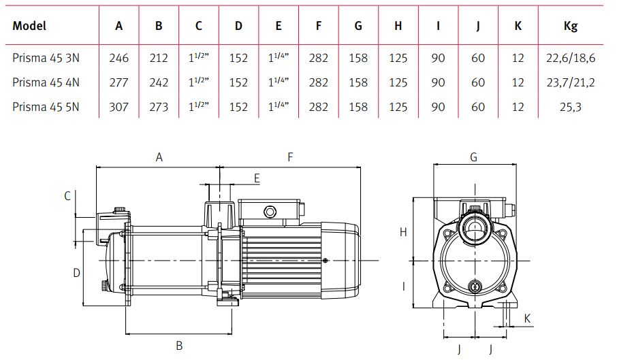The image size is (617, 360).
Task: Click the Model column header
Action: tap(29, 26)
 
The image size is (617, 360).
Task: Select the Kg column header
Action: tap(570, 27)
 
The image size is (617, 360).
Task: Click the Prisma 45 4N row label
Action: tap(46, 82)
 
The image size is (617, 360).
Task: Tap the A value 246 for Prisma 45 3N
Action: tap(118, 58)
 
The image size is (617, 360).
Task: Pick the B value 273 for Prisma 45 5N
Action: tap(159, 107)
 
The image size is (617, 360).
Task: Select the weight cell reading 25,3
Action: tap(570, 107)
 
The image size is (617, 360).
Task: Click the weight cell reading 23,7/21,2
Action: tap(570, 82)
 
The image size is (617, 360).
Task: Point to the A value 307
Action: tap(118, 107)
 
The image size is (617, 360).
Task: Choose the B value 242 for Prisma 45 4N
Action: tap(159, 82)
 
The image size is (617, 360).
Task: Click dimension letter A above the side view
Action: tap(159, 157)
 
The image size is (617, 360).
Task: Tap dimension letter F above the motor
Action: tap(290, 157)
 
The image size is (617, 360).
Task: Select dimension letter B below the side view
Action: tap(179, 346)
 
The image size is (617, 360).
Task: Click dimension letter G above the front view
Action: tap(473, 157)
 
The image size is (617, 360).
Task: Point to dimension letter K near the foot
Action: tap(528, 318)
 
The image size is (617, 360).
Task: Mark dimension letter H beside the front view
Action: tap(403, 232)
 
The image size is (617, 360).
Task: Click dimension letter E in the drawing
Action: tap(257, 178)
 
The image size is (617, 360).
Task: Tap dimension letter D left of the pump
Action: tap(77, 273)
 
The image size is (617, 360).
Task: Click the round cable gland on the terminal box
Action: tap(270, 212)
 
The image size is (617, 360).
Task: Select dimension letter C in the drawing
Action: tap(67, 196)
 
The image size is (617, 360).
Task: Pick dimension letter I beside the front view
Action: tap(403, 287)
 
